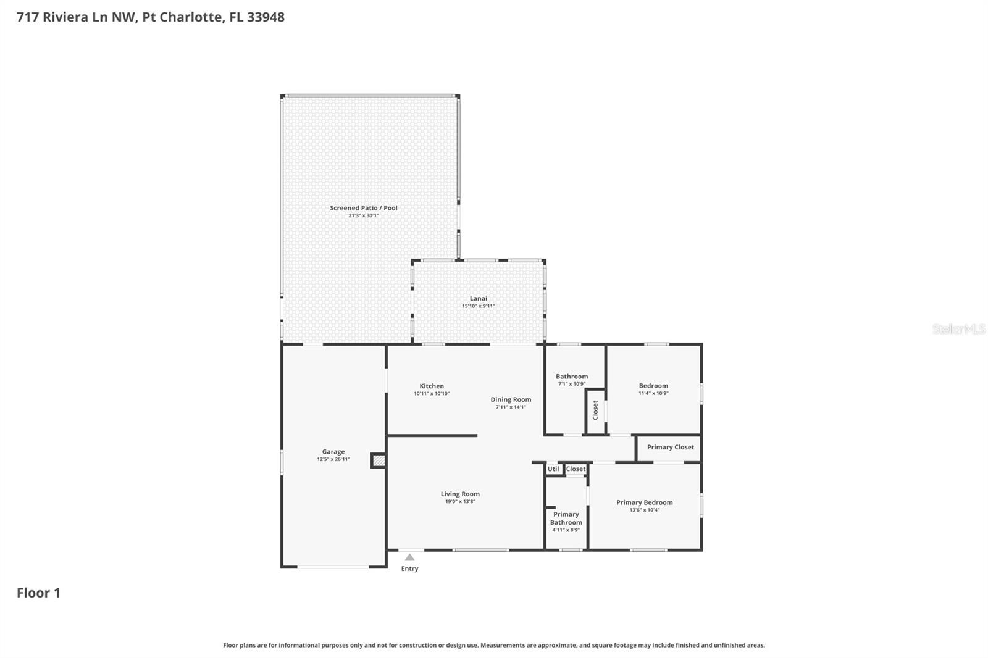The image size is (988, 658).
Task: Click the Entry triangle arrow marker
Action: tap(409, 557)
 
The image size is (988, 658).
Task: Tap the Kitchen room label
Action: tap(432, 386)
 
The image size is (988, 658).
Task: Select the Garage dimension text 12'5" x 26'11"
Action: tap(333, 459)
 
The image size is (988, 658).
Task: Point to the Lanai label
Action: tap(479, 298)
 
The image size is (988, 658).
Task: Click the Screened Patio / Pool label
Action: tap(364, 208)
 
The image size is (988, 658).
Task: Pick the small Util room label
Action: tap(553, 469)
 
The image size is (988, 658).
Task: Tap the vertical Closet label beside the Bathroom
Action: tap(595, 410)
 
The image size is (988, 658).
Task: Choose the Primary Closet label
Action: tap(671, 447)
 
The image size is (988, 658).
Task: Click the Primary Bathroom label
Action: tap(566, 518)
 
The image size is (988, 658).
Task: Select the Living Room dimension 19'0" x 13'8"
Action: tap(460, 501)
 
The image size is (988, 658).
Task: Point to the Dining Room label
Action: tap(511, 399)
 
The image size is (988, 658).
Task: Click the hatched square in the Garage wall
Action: tap(379, 460)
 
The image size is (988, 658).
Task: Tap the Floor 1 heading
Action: tap(38, 593)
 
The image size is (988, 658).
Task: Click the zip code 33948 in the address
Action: tap(266, 17)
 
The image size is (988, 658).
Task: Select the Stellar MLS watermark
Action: tap(958, 329)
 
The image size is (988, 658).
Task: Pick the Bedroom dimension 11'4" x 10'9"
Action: tap(653, 393)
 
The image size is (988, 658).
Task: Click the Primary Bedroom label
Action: tap(645, 502)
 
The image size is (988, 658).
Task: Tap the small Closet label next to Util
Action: tap(576, 469)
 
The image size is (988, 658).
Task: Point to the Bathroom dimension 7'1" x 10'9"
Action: tap(572, 384)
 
